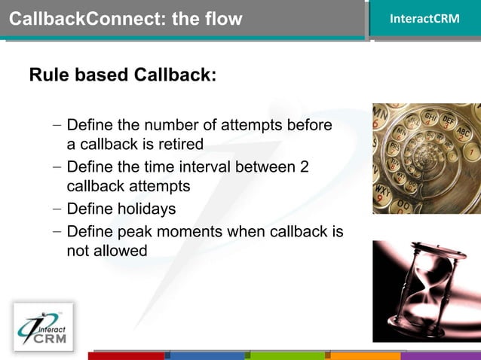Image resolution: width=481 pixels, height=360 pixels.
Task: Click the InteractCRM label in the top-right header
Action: pos(424,18)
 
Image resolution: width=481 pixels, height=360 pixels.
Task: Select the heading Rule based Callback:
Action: pos(123,75)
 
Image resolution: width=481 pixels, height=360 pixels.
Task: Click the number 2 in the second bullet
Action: pos(304,166)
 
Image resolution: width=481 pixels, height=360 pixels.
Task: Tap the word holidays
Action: pos(146,209)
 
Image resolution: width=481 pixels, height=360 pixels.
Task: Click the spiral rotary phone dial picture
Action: pos(426,158)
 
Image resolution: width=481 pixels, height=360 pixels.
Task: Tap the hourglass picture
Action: pos(426,291)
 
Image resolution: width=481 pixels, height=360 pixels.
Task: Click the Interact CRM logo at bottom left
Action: pos(44,327)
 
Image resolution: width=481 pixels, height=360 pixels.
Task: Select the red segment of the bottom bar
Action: pos(126,355)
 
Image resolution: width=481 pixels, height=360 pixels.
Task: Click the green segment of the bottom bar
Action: pos(289,355)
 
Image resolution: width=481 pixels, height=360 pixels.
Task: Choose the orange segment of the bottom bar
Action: pos(366,355)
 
